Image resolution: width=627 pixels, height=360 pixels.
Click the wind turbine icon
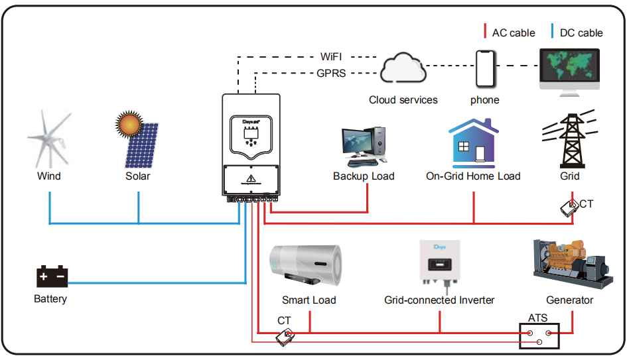pos(49,140)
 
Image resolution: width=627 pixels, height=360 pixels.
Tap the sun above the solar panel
pos(128,124)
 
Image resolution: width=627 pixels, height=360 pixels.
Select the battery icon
pos(52,276)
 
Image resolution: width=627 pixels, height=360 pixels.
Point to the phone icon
pos(484,68)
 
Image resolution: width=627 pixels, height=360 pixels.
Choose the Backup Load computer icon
pos(364,147)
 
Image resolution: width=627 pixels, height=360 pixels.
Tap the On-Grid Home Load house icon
pos(473,143)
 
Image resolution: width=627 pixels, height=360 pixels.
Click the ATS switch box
pos(539,336)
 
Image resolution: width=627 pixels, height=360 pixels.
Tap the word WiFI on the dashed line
pos(331,57)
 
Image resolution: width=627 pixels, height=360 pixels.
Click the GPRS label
pos(331,74)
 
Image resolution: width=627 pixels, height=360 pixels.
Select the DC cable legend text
pos(581,32)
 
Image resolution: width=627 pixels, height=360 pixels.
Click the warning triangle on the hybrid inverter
pos(251,180)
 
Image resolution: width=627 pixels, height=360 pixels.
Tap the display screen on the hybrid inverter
pos(251,133)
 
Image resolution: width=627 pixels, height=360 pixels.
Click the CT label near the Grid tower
pos(587,204)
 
